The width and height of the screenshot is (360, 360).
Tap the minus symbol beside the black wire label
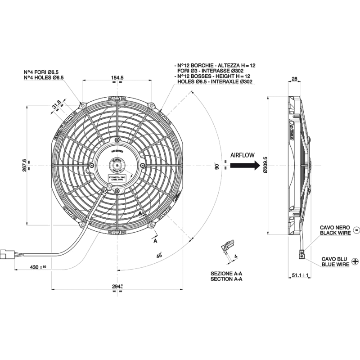[357, 229]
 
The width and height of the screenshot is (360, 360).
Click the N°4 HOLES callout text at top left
[44, 75]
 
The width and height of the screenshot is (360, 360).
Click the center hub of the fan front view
[117, 166]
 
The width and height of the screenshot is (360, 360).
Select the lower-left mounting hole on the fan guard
[82, 224]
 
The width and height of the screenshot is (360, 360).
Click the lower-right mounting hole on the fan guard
[152, 224]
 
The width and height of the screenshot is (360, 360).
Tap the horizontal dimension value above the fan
[117, 78]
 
